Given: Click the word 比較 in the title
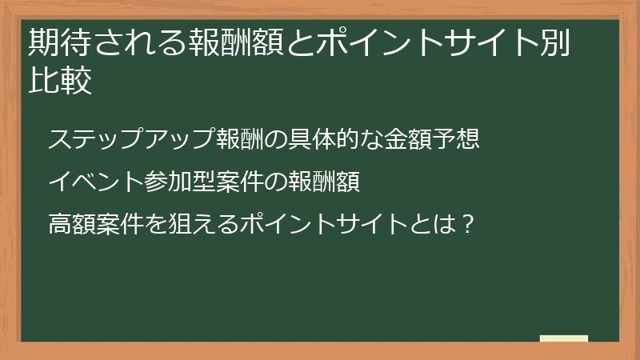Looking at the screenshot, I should point(60,82).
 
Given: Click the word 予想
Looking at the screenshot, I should point(458,138).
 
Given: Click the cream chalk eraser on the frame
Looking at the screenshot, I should point(564,338).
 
